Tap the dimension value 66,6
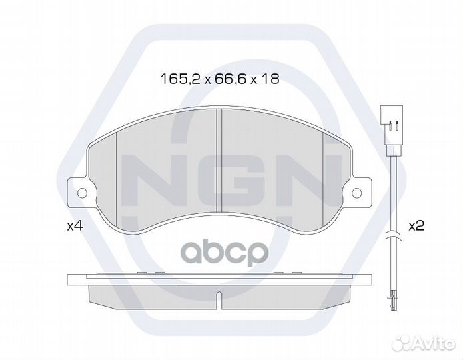tap(227, 79)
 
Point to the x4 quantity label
tap(75, 226)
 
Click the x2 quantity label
tap(416, 226)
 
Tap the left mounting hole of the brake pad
tap(82, 193)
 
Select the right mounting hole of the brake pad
tap(357, 193)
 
